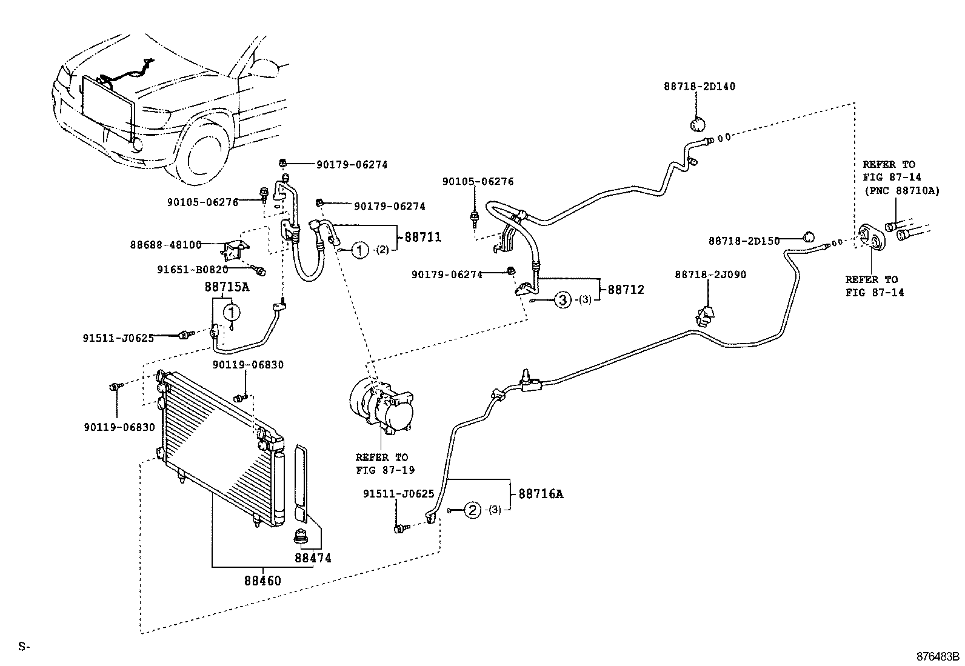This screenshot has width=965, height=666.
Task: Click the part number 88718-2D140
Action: pos(698,87)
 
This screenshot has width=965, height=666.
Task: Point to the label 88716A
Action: pos(541,494)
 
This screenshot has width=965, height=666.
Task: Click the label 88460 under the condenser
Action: pos(262,581)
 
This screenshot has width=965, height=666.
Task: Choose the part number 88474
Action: pos(313,558)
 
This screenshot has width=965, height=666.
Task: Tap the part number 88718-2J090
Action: pos(710,275)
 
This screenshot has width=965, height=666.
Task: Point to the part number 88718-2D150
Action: pos(744,241)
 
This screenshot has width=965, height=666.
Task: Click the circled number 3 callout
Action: pos(563,299)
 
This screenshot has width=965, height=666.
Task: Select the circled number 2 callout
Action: pos(472,510)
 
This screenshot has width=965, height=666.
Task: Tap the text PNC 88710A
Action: pos(901,191)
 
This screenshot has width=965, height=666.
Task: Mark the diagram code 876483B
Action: pos(938,656)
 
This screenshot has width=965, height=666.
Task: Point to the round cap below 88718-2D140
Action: pos(698,125)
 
